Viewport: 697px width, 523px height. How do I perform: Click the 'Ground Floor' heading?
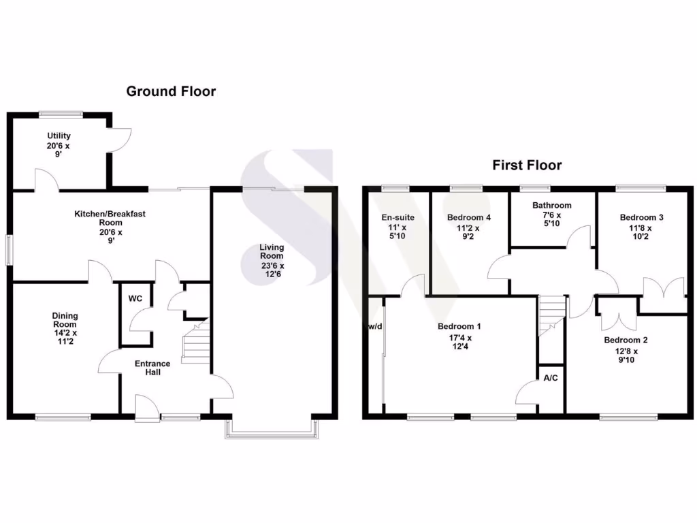point(171,91)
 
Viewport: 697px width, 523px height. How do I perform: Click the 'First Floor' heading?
point(528,165)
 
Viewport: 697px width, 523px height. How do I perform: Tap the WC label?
point(135,298)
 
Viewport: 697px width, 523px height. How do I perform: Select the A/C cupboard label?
point(550,377)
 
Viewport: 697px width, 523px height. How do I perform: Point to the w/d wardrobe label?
point(375,327)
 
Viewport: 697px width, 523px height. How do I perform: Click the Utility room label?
point(59,136)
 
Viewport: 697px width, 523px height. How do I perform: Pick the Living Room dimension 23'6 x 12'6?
point(272,270)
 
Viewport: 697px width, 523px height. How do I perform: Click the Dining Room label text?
point(65,320)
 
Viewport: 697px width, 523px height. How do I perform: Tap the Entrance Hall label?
point(152,368)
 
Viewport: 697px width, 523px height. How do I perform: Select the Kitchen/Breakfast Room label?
point(110,218)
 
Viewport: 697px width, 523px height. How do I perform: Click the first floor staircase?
point(551,315)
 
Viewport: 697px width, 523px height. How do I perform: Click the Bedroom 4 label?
point(468,218)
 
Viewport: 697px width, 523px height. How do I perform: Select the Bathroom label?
point(552,205)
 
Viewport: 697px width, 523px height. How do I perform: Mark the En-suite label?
point(398,218)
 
